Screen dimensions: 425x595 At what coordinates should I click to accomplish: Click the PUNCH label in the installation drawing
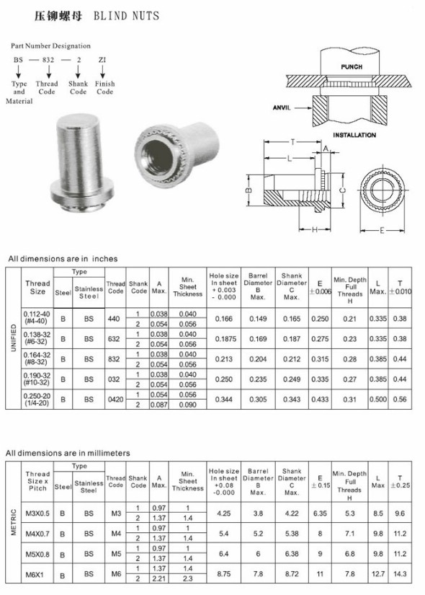click(351, 67)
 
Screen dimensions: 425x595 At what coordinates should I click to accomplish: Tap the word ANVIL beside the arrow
click(282, 107)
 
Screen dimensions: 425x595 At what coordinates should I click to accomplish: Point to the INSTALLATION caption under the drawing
click(354, 135)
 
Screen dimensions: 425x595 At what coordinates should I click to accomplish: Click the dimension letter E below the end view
click(382, 230)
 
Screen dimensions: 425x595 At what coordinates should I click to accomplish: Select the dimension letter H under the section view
click(314, 229)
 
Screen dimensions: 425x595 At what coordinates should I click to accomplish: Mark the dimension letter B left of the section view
click(249, 190)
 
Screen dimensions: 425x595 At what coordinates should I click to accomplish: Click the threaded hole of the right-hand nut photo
click(156, 157)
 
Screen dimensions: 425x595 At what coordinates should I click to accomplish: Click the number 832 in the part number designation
click(48, 60)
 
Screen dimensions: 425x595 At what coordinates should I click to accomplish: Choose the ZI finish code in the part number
click(102, 60)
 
